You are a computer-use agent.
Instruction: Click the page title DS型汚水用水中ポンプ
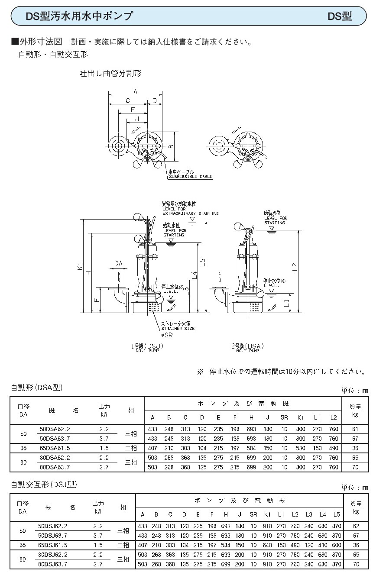click(79, 16)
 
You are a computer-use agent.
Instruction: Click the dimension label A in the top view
click(135, 91)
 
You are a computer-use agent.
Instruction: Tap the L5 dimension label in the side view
click(202, 262)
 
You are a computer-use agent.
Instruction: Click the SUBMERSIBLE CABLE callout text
click(191, 177)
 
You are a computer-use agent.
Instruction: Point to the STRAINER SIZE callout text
click(178, 329)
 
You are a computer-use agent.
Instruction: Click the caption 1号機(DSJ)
click(147, 346)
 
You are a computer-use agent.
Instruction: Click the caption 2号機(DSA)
click(247, 346)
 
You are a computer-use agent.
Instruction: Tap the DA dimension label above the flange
click(118, 263)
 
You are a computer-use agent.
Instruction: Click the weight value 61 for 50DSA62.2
click(355, 429)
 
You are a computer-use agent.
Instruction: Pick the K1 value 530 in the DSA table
click(301, 448)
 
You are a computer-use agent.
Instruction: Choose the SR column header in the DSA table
click(284, 417)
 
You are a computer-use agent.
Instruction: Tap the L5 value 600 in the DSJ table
click(336, 545)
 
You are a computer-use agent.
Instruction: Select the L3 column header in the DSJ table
click(308, 514)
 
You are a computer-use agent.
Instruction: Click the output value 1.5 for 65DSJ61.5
click(98, 545)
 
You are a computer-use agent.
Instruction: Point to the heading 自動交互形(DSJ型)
click(44, 485)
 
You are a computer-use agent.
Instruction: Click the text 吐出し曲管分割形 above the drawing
click(110, 74)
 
